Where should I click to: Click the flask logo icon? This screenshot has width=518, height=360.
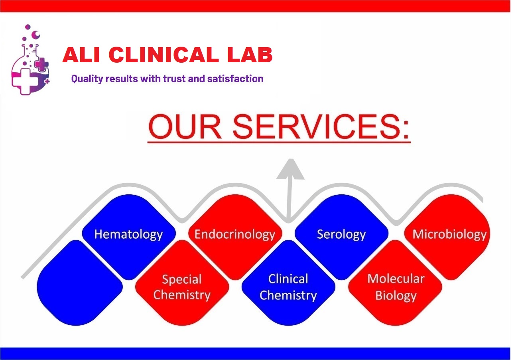click(x=30, y=60)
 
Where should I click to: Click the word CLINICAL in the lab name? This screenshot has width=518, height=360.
click(x=164, y=55)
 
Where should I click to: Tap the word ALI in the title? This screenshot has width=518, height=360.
click(x=81, y=55)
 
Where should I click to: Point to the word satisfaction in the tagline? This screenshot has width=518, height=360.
click(x=235, y=79)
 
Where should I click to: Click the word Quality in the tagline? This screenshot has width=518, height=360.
click(x=87, y=79)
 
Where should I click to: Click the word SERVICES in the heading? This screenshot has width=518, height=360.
click(x=321, y=127)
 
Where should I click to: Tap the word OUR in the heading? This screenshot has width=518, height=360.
click(x=185, y=127)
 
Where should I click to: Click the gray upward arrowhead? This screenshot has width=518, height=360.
click(x=290, y=169)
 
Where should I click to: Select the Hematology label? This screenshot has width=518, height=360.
click(x=128, y=235)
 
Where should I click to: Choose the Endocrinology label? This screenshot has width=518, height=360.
click(x=235, y=234)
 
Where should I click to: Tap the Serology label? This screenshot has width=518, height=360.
click(x=341, y=235)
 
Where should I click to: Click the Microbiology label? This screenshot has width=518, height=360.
click(x=449, y=235)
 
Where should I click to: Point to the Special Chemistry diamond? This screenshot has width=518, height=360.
click(x=182, y=283)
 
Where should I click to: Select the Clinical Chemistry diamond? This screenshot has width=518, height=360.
click(x=288, y=283)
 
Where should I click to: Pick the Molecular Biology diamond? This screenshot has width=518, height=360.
click(x=395, y=283)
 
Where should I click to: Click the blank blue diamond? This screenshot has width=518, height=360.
click(x=79, y=283)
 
